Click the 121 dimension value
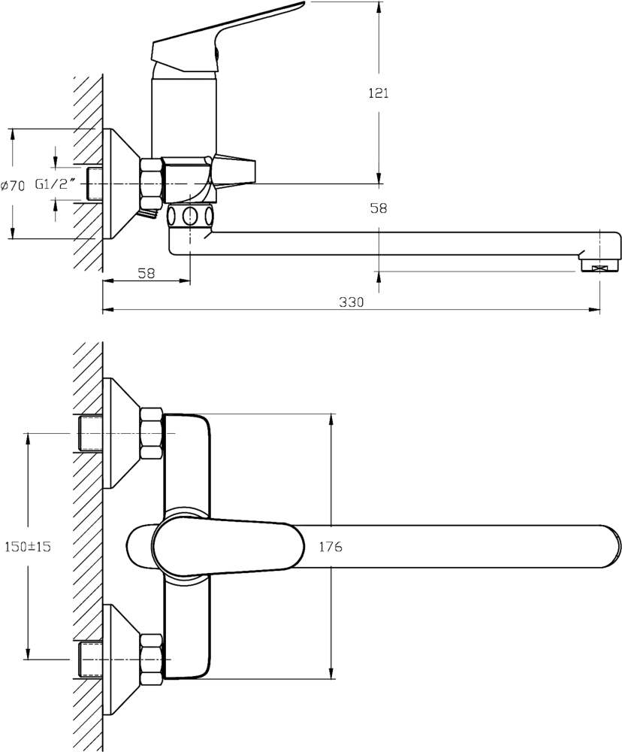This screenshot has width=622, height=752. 378,93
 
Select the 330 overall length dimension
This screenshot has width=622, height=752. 351,302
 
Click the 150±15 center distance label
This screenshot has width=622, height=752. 27,547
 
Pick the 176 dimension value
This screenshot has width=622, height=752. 331,547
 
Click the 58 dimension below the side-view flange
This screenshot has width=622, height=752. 146,274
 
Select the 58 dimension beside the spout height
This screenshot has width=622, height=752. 379,209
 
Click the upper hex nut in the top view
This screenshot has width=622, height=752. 151,434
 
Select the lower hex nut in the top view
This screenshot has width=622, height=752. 151,660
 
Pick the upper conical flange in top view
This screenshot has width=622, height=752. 120,434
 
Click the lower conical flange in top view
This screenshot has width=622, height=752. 120,660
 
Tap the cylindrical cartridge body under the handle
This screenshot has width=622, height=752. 184,113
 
